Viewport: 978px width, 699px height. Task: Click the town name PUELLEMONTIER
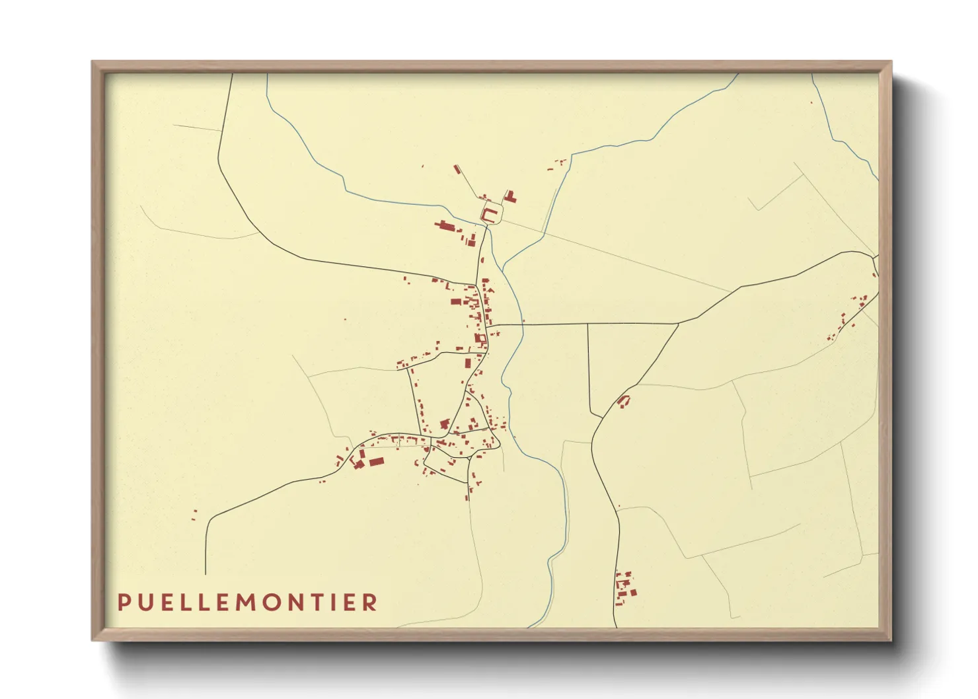(x=248, y=602)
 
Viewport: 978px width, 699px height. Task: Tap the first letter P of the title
(x=123, y=602)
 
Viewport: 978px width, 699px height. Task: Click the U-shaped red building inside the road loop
(x=490, y=213)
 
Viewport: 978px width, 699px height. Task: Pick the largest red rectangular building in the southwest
(x=376, y=461)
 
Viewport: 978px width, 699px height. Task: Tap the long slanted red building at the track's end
(x=457, y=170)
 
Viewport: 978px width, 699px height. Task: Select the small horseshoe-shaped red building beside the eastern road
(x=623, y=400)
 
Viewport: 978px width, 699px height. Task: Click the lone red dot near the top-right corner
(x=812, y=102)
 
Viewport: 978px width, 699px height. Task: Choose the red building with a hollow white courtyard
(x=480, y=340)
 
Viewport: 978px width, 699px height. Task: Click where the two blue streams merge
(x=504, y=267)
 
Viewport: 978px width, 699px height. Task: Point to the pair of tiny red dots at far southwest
(x=194, y=515)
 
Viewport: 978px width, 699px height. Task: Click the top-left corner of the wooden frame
(x=93, y=62)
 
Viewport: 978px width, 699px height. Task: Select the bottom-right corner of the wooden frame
(x=891, y=640)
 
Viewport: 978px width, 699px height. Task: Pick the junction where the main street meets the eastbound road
(x=490, y=325)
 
